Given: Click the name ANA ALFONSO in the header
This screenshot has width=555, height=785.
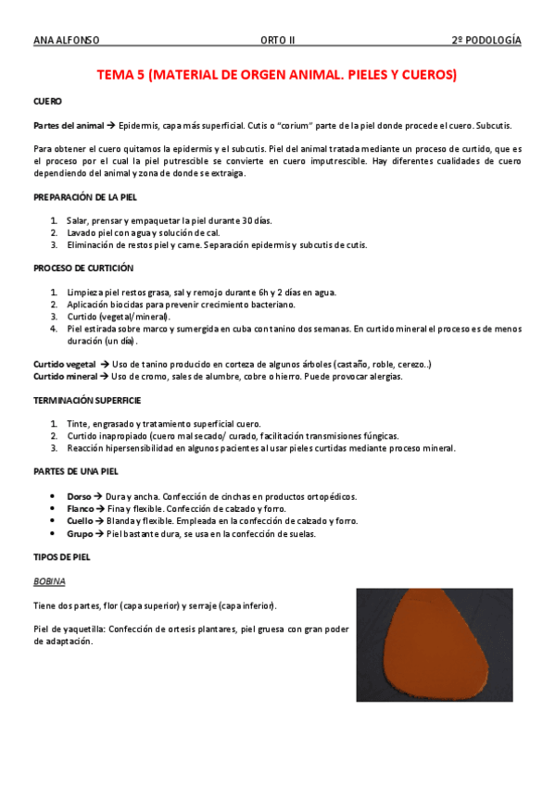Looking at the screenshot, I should pyautogui.click(x=66, y=41).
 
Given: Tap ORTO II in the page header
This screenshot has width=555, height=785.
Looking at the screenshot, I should pyautogui.click(x=277, y=41).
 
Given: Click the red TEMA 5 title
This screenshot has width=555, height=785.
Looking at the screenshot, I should pyautogui.click(x=278, y=75).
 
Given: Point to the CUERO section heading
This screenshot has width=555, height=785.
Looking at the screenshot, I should pyautogui.click(x=47, y=101).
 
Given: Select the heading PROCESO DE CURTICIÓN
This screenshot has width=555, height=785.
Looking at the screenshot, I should pyautogui.click(x=83, y=268).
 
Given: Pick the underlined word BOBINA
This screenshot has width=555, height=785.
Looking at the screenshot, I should pyautogui.click(x=49, y=581).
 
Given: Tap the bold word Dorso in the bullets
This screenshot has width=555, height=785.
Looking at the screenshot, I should pyautogui.click(x=80, y=496).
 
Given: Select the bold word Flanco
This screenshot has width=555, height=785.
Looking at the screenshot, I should pyautogui.click(x=81, y=509).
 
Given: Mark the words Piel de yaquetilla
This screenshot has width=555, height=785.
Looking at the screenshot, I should pyautogui.click(x=69, y=629).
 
